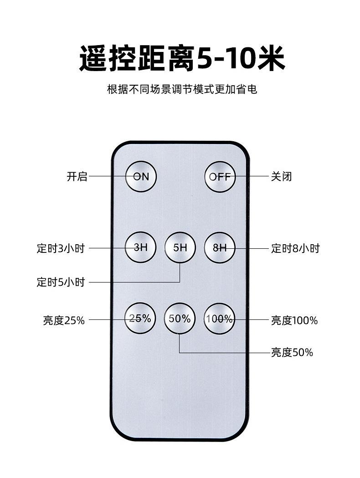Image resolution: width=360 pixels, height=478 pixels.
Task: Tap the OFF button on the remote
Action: tap(220, 177)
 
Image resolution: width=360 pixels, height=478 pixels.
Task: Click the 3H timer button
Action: tap(141, 248)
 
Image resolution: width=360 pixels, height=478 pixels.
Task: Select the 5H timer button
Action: tap(180, 248)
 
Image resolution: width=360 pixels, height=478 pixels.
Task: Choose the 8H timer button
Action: tap(219, 248)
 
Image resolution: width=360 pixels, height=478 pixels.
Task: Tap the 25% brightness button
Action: tap(141, 319)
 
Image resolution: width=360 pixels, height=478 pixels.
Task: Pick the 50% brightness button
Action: tap(180, 319)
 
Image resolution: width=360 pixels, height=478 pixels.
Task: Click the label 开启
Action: tap(77, 176)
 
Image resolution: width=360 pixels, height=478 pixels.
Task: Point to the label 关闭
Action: tap(281, 176)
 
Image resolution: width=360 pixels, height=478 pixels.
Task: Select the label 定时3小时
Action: tap(61, 248)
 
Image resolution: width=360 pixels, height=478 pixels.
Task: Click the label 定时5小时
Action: tap(61, 282)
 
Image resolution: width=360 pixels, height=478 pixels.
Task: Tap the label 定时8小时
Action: tap(295, 248)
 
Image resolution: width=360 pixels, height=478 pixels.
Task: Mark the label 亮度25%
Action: tap(64, 320)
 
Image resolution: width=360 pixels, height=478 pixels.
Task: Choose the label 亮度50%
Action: tap(292, 352)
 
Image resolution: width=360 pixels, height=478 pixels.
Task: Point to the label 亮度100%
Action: tap(294, 320)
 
